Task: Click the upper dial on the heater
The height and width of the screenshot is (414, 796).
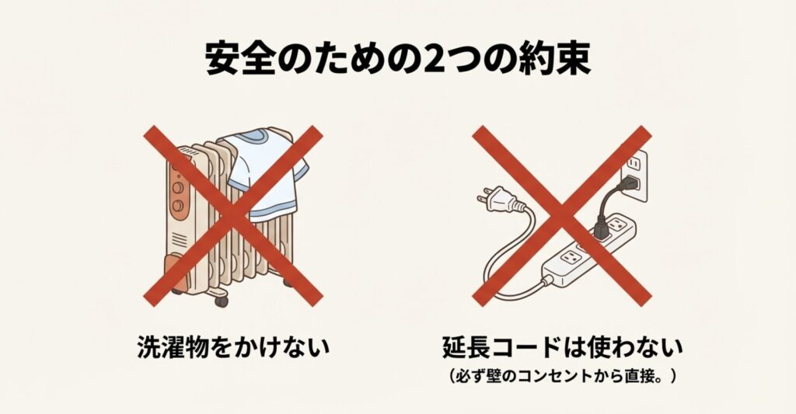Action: pyautogui.click(x=178, y=188)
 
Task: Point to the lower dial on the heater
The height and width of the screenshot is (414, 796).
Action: pyautogui.click(x=178, y=206)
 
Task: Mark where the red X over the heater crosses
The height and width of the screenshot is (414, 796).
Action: pyautogui.click(x=233, y=216)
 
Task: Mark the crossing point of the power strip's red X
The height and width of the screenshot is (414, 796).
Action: pyautogui.click(x=562, y=216)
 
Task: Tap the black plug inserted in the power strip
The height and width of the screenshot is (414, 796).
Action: pyautogui.click(x=601, y=229)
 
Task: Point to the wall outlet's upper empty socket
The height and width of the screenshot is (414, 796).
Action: pyautogui.click(x=633, y=163)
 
